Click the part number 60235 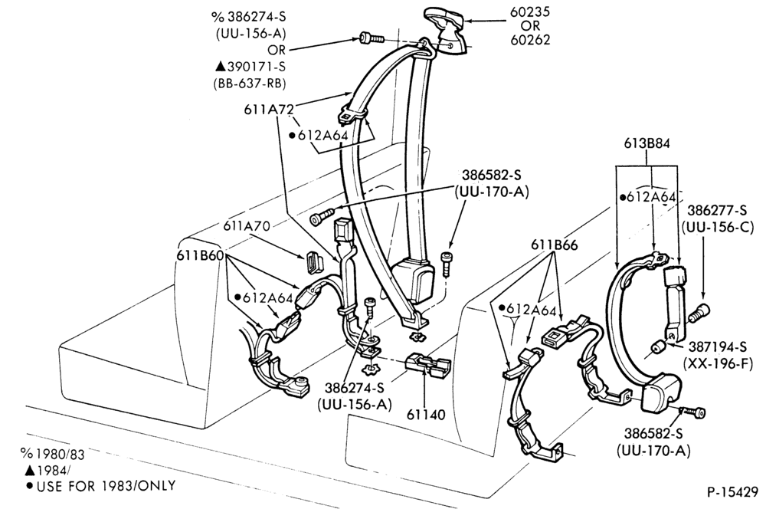pyautogui.click(x=530, y=11)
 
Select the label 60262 pyautogui.click(x=530, y=40)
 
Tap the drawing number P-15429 pyautogui.click(x=732, y=492)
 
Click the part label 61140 pyautogui.click(x=426, y=415)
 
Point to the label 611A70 pyautogui.click(x=247, y=226)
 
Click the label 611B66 pyautogui.click(x=554, y=245)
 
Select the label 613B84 pyautogui.click(x=647, y=143)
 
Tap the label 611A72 pyautogui.click(x=268, y=110)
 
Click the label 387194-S pyautogui.click(x=718, y=346)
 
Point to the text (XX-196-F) pyautogui.click(x=718, y=364)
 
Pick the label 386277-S pyautogui.click(x=717, y=210)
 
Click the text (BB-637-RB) pyautogui.click(x=249, y=84)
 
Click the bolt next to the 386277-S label pyautogui.click(x=699, y=313)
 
